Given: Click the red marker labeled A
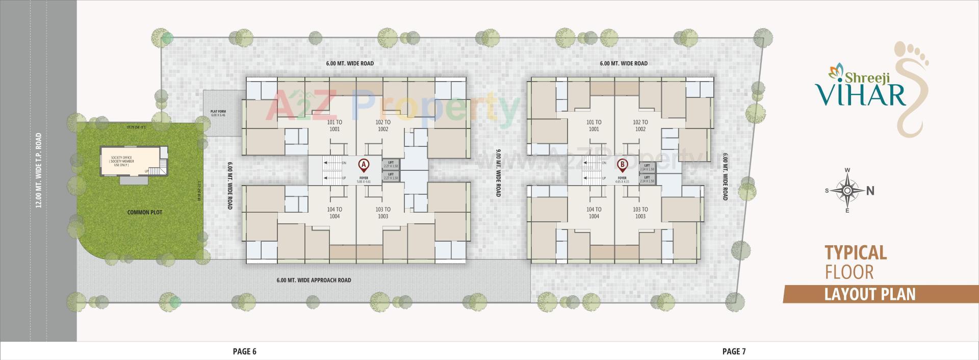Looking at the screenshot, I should tap(364, 165).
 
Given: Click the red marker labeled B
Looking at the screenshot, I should tap(622, 165).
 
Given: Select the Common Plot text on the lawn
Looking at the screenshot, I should tap(145, 212).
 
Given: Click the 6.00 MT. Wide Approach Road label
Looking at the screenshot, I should tap(314, 280).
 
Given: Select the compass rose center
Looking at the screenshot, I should tap(847, 191).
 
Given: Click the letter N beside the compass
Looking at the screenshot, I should tap(870, 191).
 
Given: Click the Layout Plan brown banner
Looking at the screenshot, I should tap(870, 294).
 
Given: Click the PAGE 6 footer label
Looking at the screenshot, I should tap(244, 351).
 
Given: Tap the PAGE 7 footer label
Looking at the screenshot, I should tap(734, 351).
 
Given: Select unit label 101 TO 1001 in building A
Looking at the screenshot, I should tap(334, 125).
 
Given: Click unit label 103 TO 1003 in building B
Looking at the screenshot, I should tap(640, 213).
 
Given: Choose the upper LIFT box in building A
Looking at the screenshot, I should tap(392, 164).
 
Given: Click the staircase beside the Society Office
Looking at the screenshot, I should tap(163, 165).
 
